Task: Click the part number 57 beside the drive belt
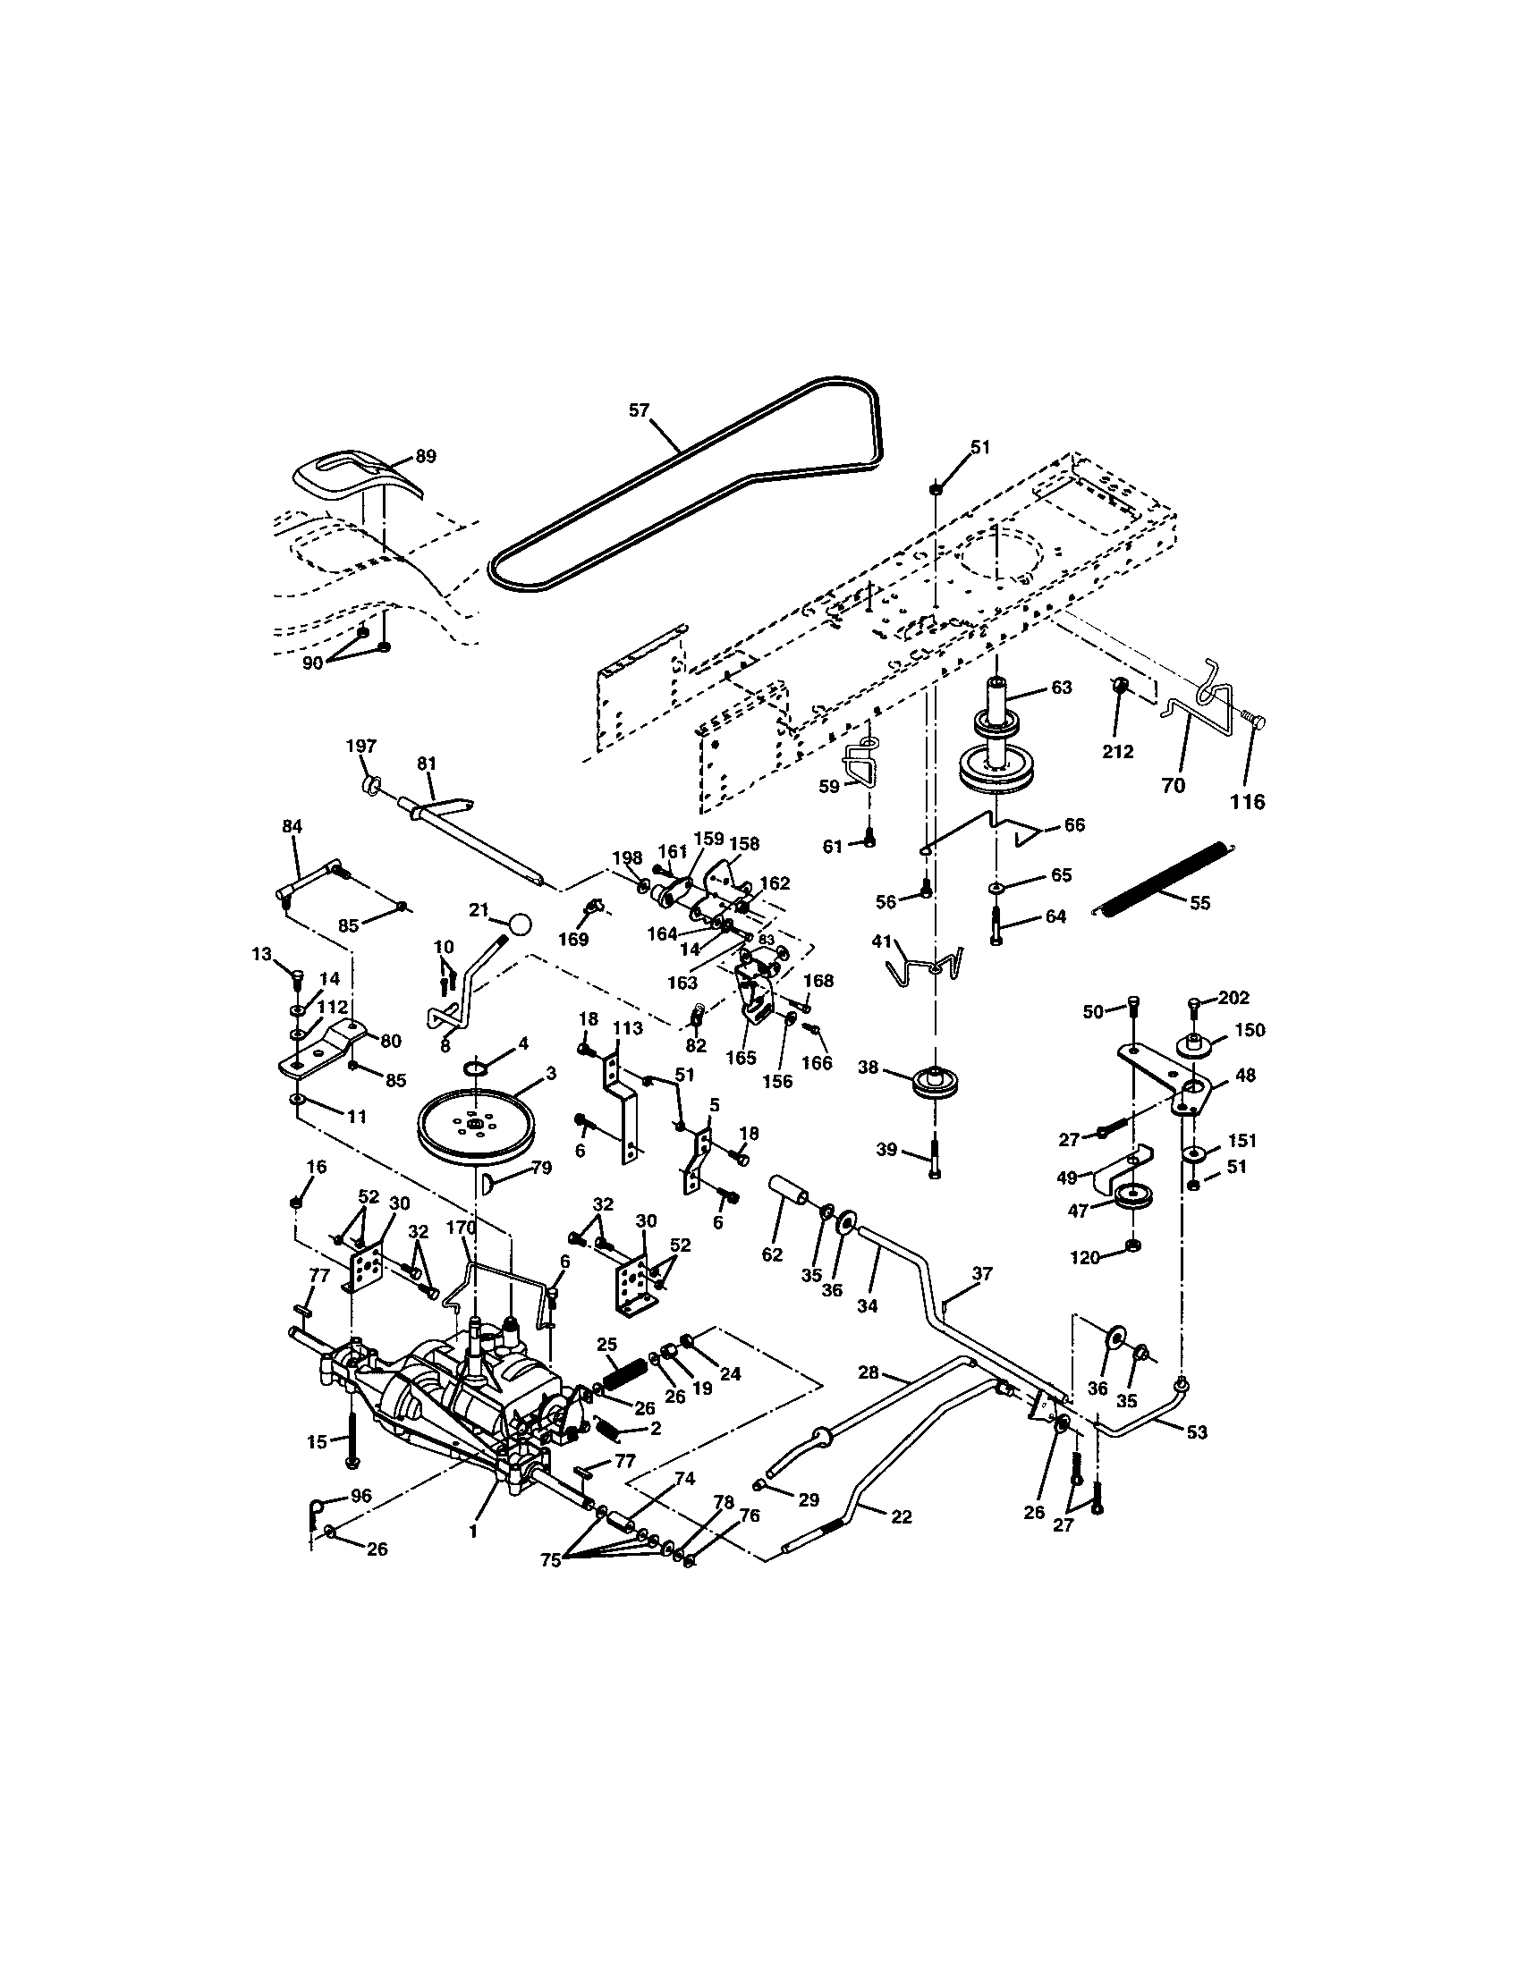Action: click(x=638, y=410)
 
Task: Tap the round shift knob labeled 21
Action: click(x=520, y=924)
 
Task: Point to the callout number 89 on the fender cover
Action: click(x=425, y=457)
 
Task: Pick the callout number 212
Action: click(x=1118, y=752)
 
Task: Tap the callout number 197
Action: click(x=361, y=746)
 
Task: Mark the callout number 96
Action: click(x=360, y=1496)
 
